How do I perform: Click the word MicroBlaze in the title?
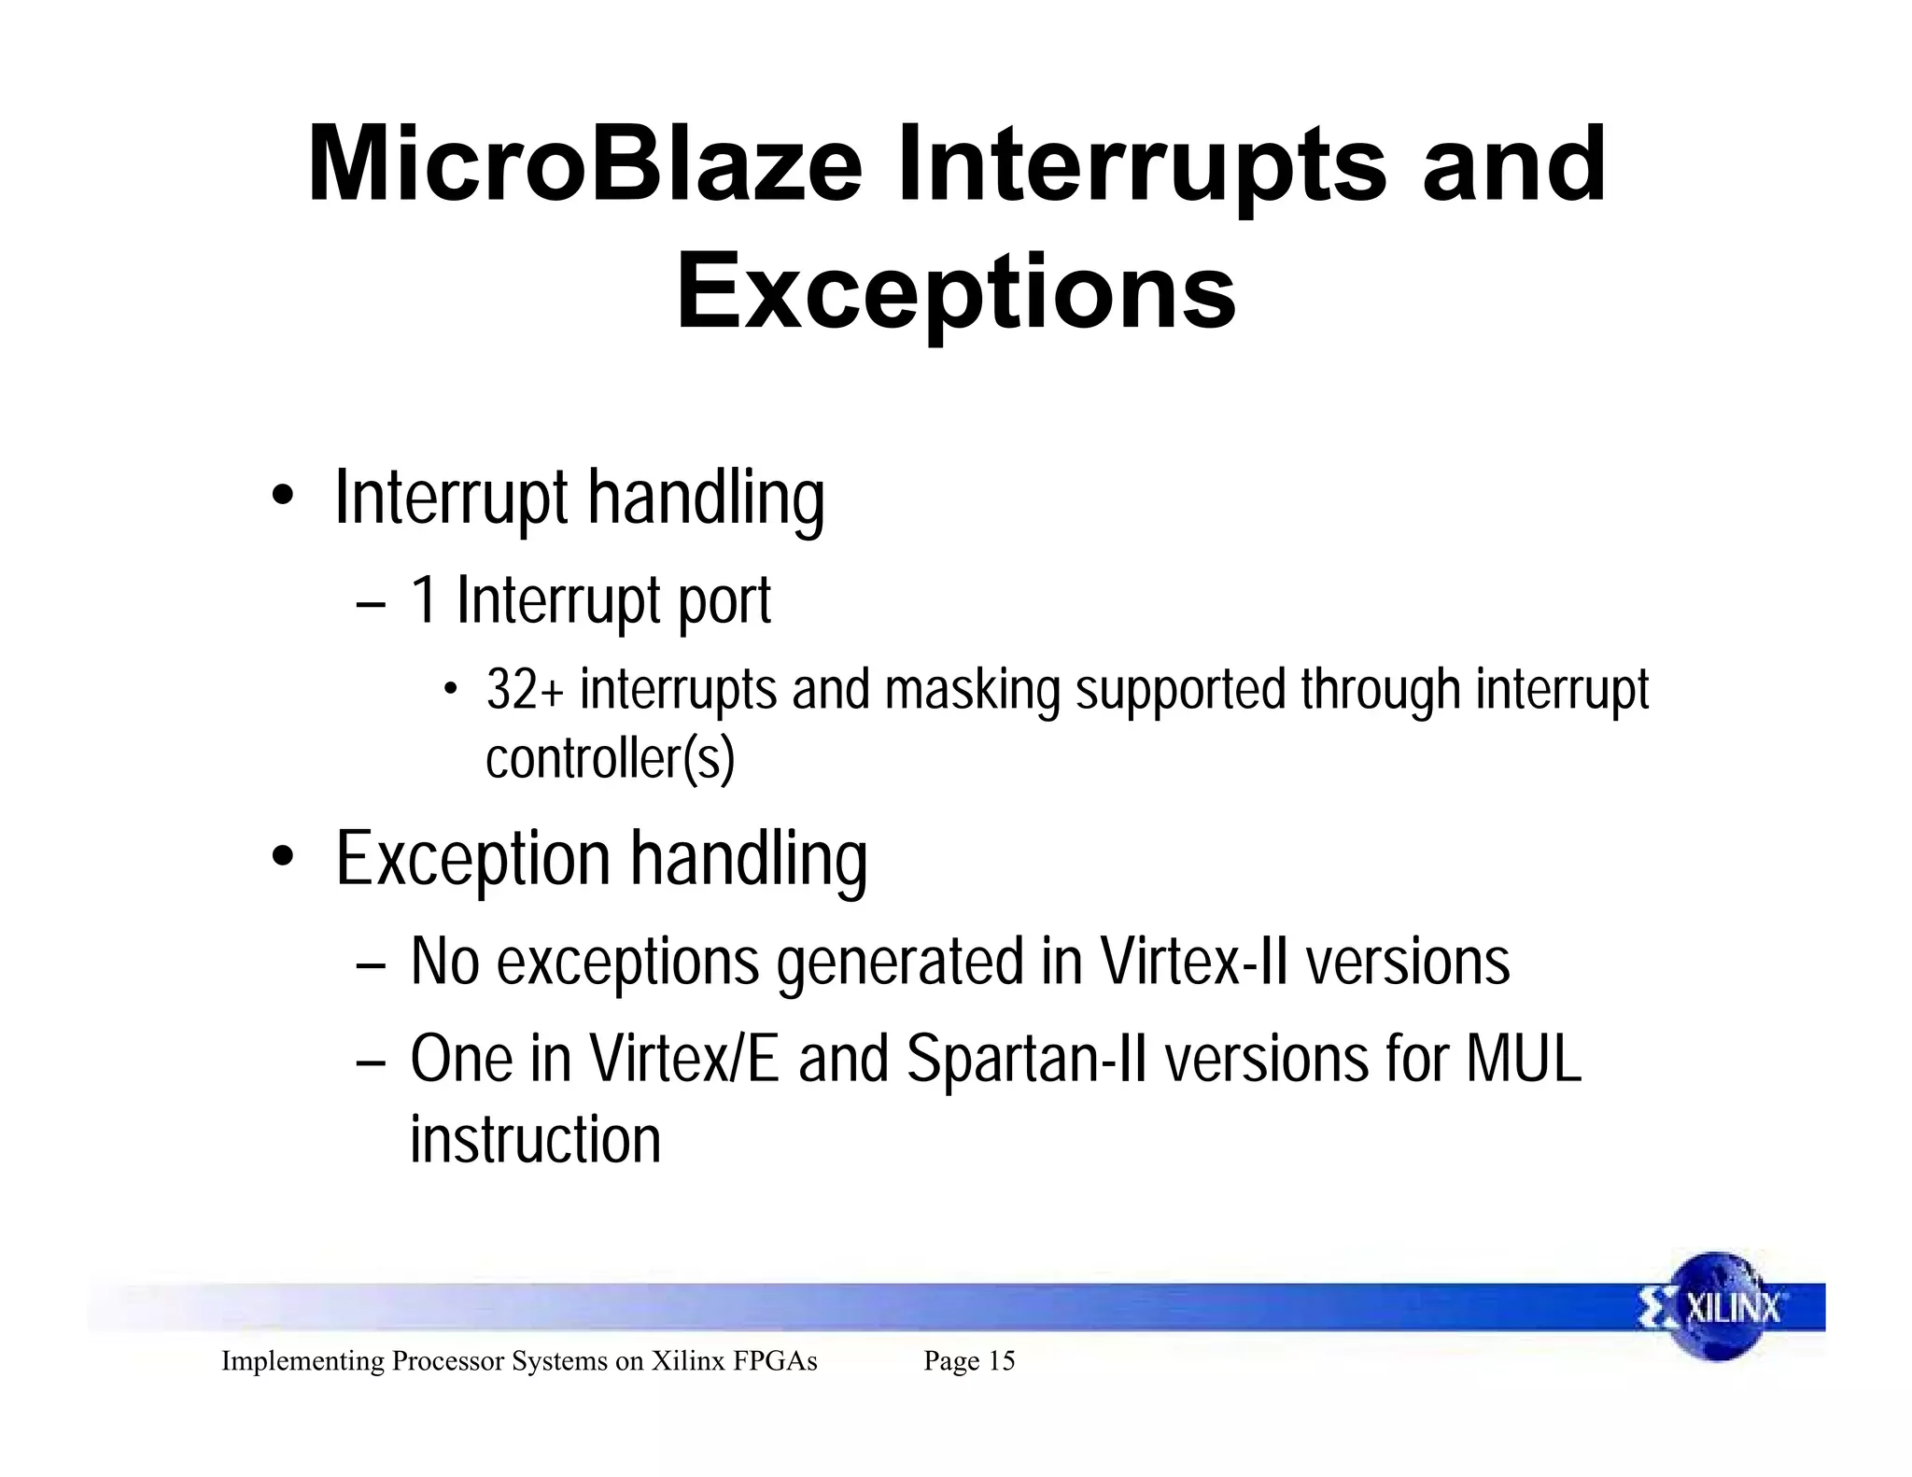click(x=584, y=166)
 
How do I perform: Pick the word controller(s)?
click(x=611, y=757)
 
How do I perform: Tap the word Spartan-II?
click(x=1026, y=1060)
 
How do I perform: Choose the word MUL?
click(x=1523, y=1060)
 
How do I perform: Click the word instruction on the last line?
click(x=535, y=1140)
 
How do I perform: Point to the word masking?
click(x=972, y=691)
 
